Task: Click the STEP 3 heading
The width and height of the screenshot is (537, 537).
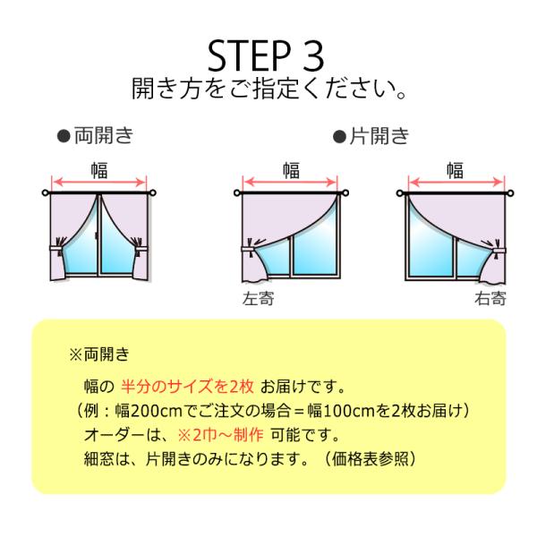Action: coord(266,56)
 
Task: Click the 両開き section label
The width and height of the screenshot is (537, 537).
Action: coord(104,136)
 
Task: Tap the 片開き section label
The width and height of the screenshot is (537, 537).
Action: coord(379,136)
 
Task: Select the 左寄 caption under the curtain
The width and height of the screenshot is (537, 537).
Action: coord(259,299)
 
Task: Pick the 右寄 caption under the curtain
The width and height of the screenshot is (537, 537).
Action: coord(490,299)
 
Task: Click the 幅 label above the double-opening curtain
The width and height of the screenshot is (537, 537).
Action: coord(99,171)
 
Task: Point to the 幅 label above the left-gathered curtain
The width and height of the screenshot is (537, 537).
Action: coord(291,171)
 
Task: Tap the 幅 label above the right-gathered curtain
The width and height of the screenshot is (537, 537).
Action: coord(455,171)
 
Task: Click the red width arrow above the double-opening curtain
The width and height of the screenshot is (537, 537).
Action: coord(99,183)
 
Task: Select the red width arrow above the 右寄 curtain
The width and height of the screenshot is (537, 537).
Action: coord(456,183)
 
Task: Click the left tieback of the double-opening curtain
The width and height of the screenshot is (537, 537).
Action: coord(58,247)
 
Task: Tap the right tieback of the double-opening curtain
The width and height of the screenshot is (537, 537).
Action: coord(140,247)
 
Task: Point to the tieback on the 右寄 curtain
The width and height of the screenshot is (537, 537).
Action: coord(499,251)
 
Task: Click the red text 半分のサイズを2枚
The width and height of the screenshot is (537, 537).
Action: coord(187,387)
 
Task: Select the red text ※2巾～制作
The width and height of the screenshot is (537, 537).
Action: coord(220,435)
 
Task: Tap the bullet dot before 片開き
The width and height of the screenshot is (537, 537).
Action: coord(340,137)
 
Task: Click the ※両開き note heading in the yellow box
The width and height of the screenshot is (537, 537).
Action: coord(99,354)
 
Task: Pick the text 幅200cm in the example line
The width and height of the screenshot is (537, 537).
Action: coord(149,411)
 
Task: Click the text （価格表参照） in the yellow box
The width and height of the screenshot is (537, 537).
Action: coord(370,459)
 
